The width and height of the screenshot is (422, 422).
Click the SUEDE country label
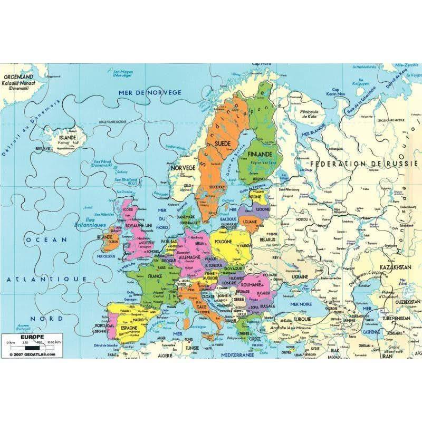(224, 143)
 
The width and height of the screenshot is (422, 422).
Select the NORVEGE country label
(183, 167)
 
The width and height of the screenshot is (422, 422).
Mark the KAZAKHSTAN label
(394, 267)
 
